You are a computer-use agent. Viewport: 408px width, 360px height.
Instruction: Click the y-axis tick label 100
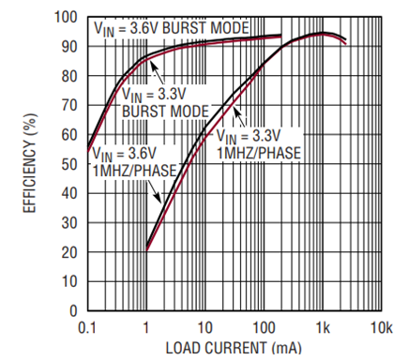click(x=66, y=17)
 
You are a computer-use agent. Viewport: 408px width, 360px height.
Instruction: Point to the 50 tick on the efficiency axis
click(x=69, y=164)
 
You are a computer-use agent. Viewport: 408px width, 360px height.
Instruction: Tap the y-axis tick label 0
click(x=73, y=311)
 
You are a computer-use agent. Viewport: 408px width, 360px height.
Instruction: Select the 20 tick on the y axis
click(x=69, y=252)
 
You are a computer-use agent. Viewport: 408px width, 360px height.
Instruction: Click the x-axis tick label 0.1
click(x=87, y=328)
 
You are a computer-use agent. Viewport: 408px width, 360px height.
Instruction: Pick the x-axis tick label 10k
click(x=382, y=328)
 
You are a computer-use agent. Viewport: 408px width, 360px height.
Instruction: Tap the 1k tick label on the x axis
click(x=323, y=328)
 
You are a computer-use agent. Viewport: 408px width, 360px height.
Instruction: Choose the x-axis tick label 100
click(x=264, y=328)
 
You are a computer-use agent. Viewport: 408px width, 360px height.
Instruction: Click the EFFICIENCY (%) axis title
click(x=30, y=163)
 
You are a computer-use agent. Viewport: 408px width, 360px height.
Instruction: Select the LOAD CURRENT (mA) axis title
click(x=234, y=348)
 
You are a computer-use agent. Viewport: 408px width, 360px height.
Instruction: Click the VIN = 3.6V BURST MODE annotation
click(x=172, y=29)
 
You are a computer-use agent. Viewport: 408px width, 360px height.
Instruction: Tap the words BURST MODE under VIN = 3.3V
click(x=165, y=112)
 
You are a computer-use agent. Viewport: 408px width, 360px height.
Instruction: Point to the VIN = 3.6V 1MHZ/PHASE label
click(x=135, y=162)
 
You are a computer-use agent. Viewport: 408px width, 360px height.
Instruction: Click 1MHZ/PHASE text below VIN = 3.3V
click(x=259, y=153)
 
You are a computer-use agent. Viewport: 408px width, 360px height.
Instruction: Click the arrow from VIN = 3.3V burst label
click(x=157, y=72)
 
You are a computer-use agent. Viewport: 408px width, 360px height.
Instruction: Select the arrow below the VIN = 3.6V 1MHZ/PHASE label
click(x=154, y=190)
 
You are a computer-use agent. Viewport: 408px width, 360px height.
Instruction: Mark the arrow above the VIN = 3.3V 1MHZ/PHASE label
click(x=239, y=117)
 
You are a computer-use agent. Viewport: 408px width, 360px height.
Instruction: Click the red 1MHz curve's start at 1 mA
click(x=146, y=250)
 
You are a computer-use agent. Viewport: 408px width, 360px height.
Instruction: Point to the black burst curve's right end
click(x=281, y=35)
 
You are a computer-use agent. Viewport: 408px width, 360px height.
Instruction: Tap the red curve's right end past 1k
click(x=345, y=44)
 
